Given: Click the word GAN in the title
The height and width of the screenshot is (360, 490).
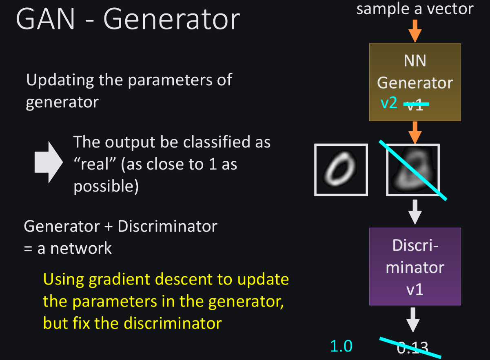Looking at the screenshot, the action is point(46,19).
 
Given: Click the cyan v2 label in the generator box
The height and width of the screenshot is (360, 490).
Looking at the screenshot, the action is point(389,103).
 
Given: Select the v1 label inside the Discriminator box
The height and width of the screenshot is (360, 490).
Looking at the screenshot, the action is point(415,289).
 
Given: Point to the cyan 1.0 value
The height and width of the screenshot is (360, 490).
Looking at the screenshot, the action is point(341,346).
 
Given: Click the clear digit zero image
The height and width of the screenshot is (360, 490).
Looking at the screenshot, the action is point(341,170).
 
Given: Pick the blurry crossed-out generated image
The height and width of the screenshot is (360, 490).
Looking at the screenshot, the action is point(413,170).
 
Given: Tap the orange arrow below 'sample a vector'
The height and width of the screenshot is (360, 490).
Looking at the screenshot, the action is point(415,31).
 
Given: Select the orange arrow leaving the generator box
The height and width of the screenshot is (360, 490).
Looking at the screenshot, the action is point(415,132).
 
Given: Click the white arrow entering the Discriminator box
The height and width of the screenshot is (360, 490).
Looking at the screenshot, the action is point(415,212).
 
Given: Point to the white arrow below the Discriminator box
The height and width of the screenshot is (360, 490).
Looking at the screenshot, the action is point(413,320).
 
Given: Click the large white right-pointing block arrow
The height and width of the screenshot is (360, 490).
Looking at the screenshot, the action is point(49,162).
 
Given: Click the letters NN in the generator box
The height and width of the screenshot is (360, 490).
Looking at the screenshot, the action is point(415,61).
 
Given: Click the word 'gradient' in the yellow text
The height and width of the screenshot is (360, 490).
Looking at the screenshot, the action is point(120,280).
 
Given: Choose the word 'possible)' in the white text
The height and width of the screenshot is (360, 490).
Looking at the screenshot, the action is point(106,187).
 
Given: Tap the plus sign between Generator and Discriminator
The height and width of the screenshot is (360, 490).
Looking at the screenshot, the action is point(109,227).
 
